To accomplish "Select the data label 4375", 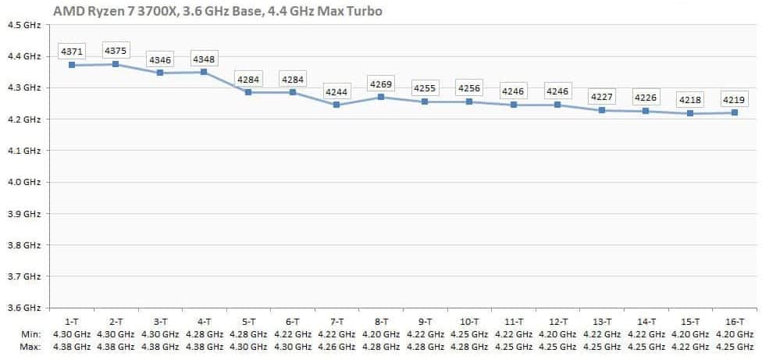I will click(116, 51).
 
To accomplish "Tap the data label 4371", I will click(72, 52).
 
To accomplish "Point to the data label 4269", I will click(381, 84).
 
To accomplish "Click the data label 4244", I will click(336, 91).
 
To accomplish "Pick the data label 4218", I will click(689, 100).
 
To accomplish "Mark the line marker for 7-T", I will click(336, 105).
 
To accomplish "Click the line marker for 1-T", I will click(72, 65).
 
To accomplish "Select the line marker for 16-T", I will click(734, 112).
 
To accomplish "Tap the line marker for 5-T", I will click(248, 92).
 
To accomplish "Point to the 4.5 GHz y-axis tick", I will click(24, 25).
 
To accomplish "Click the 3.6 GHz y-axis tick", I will click(24, 308).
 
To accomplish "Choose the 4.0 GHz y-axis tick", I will click(24, 182).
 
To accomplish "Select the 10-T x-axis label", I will click(469, 322).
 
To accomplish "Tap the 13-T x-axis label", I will click(601, 322).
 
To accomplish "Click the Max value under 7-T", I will click(336, 346).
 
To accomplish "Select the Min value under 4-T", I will click(204, 334).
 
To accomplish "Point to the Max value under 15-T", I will click(689, 346).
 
